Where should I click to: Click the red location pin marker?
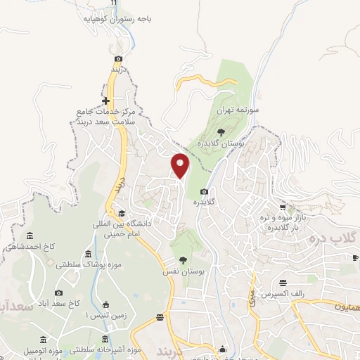coord(181,165)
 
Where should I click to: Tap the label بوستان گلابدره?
coord(221,143)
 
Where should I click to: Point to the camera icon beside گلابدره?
coord(204,192)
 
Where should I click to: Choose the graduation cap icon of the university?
coord(121,214)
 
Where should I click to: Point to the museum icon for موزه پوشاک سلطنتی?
coord(88,254)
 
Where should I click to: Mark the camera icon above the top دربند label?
coord(118,58)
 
